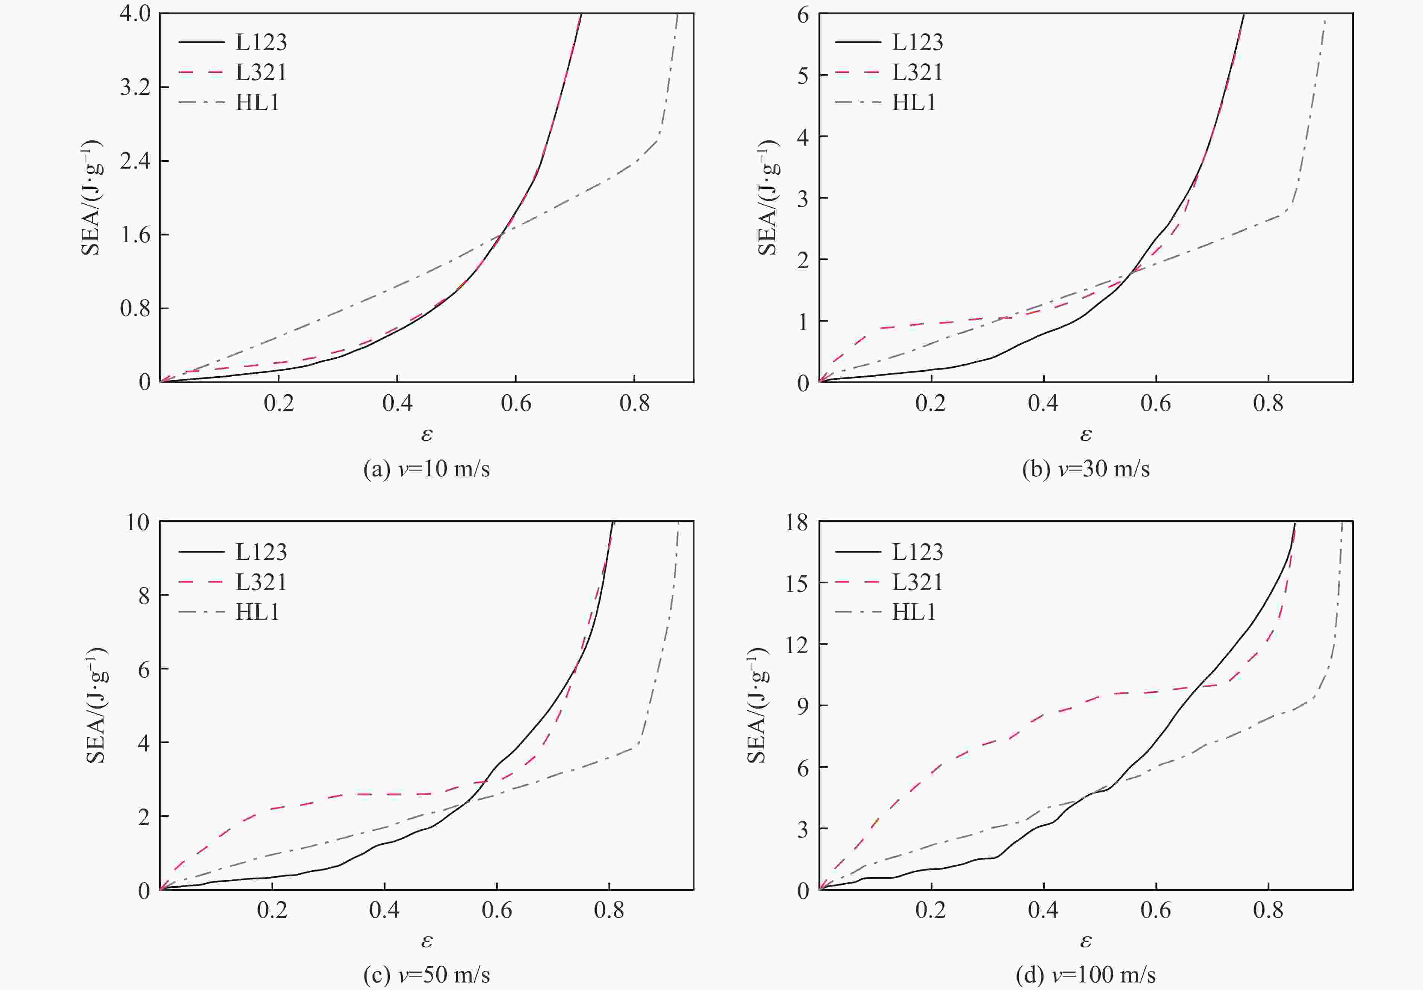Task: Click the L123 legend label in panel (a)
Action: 261,42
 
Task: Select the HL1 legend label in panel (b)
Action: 914,102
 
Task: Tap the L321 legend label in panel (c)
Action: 261,582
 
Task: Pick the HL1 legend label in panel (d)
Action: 914,612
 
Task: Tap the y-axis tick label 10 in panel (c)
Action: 137,522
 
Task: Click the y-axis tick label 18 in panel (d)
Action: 797,522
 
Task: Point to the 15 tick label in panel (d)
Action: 797,583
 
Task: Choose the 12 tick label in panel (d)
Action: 797,644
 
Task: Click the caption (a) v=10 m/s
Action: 427,468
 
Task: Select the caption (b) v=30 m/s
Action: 1085,468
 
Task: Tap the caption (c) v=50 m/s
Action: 427,975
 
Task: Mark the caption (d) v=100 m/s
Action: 1085,975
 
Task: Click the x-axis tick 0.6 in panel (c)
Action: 497,910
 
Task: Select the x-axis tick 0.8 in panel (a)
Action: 635,403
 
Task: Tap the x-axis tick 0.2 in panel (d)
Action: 931,910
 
